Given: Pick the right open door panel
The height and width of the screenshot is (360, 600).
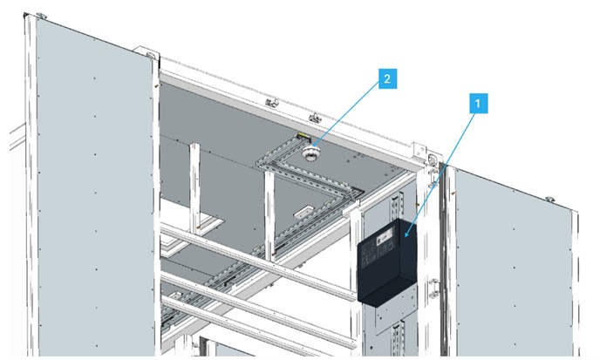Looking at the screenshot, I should tap(515, 253).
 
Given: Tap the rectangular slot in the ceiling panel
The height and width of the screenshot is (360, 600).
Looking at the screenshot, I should tap(304, 211).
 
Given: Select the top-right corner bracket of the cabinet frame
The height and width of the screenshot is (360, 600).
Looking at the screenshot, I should tap(430, 160).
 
